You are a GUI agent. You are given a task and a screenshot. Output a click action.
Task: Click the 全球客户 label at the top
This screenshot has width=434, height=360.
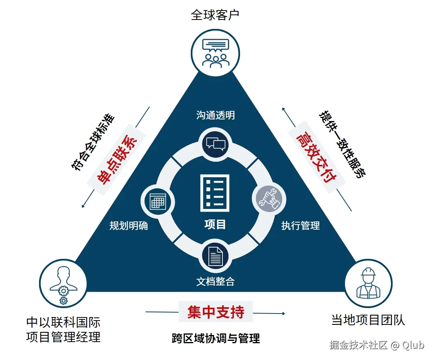click(x=215, y=15)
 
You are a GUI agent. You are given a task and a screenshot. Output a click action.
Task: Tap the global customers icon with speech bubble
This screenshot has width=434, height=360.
click(x=215, y=53)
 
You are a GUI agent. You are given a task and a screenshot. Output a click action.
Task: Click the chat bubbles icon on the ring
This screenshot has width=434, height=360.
click(x=215, y=143)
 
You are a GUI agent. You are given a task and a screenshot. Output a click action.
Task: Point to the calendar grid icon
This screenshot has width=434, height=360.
click(x=158, y=201)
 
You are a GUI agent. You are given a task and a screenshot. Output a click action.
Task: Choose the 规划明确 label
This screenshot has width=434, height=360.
click(x=129, y=226)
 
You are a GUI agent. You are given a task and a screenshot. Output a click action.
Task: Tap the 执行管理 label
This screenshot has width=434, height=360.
click(x=301, y=226)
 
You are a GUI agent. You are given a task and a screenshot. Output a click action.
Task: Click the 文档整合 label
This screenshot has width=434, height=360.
click(x=215, y=281)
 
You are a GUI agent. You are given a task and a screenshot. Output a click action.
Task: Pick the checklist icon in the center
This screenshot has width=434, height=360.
click(x=215, y=193)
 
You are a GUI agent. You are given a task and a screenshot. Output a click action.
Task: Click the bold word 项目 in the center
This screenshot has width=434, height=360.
click(x=215, y=225)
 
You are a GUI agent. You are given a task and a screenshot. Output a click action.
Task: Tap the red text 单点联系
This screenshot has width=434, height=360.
click(x=116, y=160)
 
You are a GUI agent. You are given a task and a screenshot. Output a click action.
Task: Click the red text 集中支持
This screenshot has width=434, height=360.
click(x=215, y=312)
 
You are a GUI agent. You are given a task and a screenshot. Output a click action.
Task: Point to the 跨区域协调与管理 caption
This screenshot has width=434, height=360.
click(x=215, y=338)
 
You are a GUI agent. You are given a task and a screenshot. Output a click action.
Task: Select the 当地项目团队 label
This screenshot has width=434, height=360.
click(x=368, y=321)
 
